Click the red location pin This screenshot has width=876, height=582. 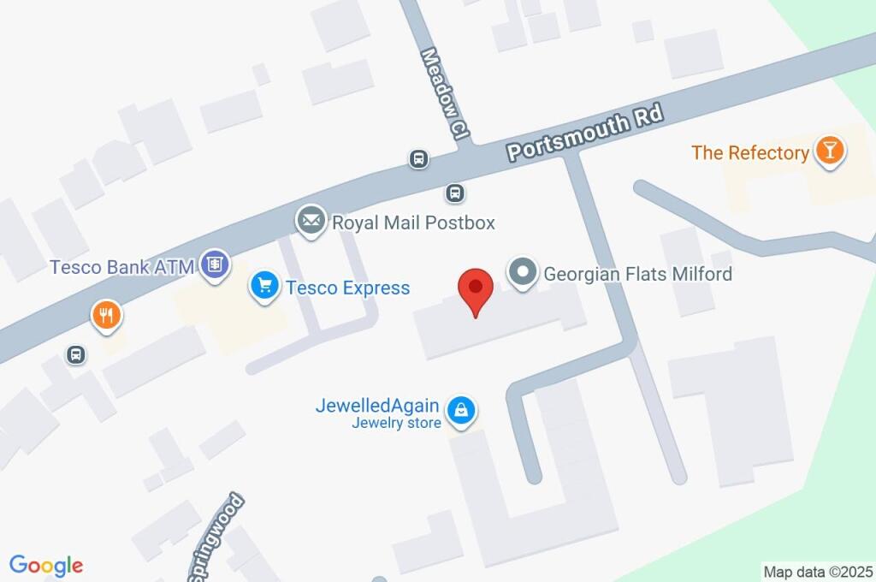tap(476, 289)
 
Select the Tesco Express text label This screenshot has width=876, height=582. tap(347, 288)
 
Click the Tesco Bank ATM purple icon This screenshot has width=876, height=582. tap(215, 264)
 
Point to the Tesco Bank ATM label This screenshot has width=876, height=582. tap(122, 266)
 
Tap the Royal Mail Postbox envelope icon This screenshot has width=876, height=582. tap(311, 221)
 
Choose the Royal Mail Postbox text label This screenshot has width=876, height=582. tap(413, 223)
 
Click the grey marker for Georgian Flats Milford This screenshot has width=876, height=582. tap(522, 273)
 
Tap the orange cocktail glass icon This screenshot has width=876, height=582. tap(828, 151)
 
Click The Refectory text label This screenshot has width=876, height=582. tap(750, 153)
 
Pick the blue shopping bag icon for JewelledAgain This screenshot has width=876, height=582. tap(461, 411)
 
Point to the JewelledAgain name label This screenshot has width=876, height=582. tap(377, 406)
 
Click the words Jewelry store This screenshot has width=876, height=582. tap(396, 423)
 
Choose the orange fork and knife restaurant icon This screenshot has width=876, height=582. tap(107, 316)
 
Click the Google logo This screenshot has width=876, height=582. tap(46, 566)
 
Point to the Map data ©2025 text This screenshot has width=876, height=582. tap(818, 572)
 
